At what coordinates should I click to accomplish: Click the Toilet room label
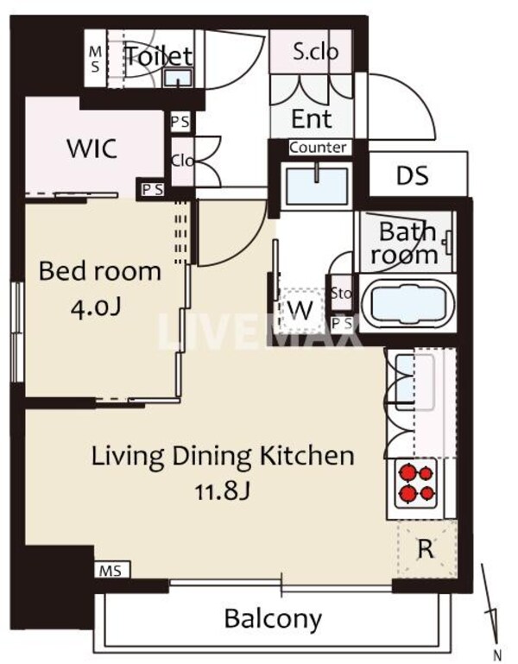(x=159, y=56)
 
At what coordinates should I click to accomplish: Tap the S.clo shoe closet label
(x=316, y=52)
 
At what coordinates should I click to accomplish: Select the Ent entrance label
(x=312, y=119)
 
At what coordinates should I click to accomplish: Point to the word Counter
(x=318, y=148)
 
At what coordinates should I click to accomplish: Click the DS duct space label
(x=412, y=175)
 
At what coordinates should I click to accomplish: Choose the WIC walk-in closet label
(x=92, y=149)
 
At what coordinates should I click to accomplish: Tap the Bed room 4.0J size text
(x=97, y=309)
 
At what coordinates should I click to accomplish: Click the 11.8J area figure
(x=223, y=491)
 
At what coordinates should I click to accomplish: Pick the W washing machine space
(x=300, y=310)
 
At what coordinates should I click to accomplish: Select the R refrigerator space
(x=426, y=549)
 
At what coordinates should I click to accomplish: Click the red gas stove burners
(x=415, y=483)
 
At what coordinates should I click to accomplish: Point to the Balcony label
(x=273, y=619)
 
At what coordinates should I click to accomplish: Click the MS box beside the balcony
(x=112, y=570)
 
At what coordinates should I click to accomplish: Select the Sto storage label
(x=341, y=293)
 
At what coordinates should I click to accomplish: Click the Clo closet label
(x=182, y=161)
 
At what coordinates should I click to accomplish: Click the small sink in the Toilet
(x=178, y=78)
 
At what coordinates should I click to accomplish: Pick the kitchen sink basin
(x=414, y=383)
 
